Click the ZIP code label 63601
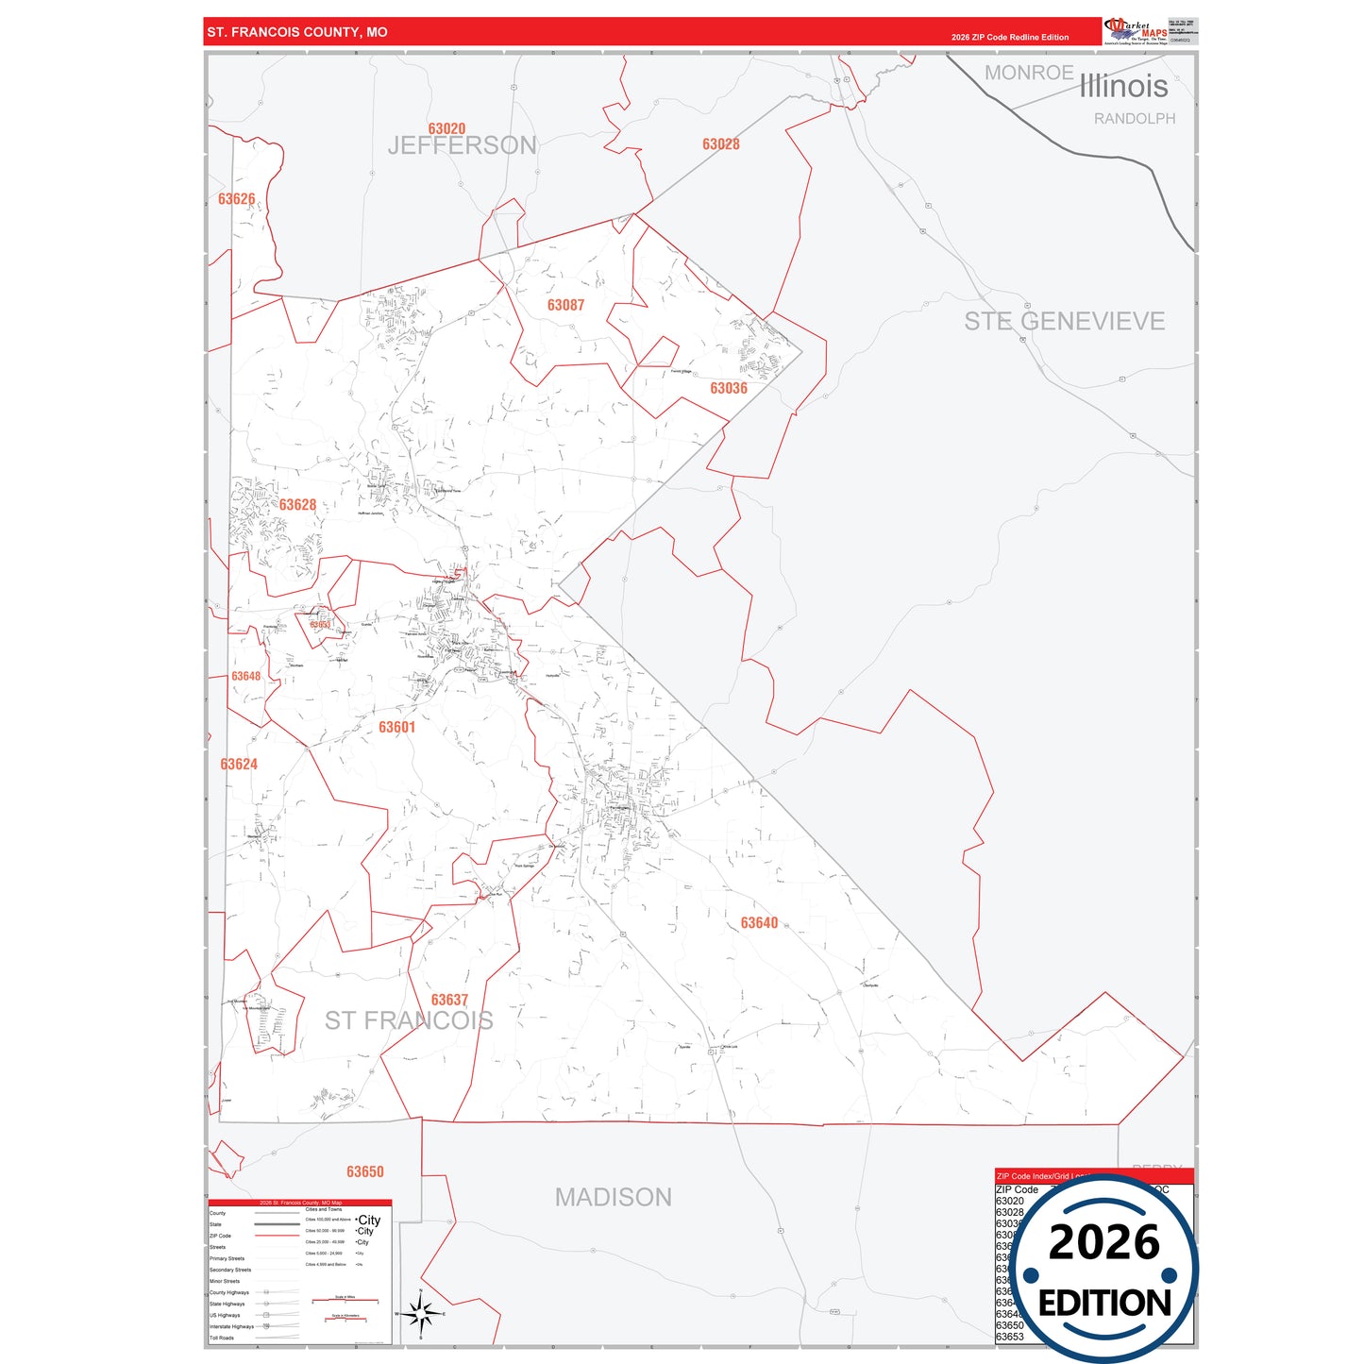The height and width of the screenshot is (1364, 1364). pyautogui.click(x=396, y=727)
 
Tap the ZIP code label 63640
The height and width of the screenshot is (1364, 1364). pyautogui.click(x=759, y=923)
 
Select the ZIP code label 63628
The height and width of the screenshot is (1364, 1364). pyautogui.click(x=297, y=505)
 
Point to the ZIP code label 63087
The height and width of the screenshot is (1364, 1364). pyautogui.click(x=565, y=305)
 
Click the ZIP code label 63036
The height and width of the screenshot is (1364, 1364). pyautogui.click(x=728, y=388)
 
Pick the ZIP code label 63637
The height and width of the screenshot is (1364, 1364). pyautogui.click(x=449, y=1000)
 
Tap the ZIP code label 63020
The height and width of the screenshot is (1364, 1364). pyautogui.click(x=446, y=128)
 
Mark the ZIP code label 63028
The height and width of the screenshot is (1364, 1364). pyautogui.click(x=720, y=143)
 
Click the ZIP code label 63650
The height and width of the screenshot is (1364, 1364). pyautogui.click(x=364, y=1171)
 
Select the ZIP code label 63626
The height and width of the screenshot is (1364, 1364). pyautogui.click(x=236, y=199)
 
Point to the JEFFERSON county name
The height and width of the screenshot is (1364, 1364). pyautogui.click(x=462, y=145)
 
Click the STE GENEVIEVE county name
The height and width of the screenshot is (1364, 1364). pyautogui.click(x=1064, y=321)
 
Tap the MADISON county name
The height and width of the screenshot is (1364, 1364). pyautogui.click(x=613, y=1197)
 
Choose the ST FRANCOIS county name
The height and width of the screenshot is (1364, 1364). pyautogui.click(x=409, y=1020)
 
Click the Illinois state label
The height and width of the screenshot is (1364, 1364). pyautogui.click(x=1123, y=86)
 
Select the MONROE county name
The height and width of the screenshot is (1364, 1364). pyautogui.click(x=1029, y=73)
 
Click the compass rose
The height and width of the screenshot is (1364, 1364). pyautogui.click(x=421, y=1313)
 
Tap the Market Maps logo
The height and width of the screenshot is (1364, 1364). pyautogui.click(x=1136, y=31)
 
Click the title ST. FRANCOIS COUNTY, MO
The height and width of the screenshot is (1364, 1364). pyautogui.click(x=297, y=32)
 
